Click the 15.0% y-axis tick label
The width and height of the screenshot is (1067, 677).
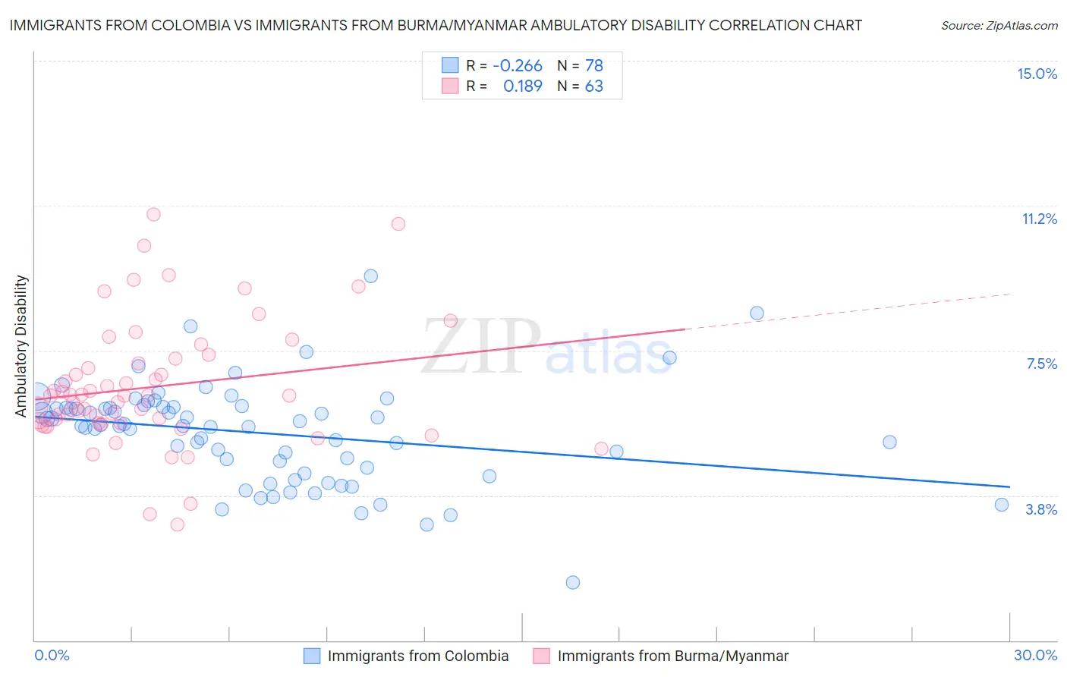1037,74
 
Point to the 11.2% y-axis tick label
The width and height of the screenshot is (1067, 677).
1039,219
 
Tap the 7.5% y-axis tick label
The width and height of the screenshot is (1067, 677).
1041,364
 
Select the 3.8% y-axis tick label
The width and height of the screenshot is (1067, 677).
1041,509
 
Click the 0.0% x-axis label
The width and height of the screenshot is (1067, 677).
52,655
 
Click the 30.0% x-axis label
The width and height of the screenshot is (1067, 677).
1035,655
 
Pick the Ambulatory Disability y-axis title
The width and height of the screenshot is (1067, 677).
21,345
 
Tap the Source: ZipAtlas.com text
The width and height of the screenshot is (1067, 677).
999,25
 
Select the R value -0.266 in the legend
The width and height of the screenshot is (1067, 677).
518,65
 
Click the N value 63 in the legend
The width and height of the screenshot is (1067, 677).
593,86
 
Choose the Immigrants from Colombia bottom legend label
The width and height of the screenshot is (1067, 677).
417,656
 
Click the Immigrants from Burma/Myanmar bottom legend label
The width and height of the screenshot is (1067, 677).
672,656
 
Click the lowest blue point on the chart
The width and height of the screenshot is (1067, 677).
573,582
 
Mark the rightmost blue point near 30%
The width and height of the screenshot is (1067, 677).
1002,505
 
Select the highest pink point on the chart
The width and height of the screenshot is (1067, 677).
153,214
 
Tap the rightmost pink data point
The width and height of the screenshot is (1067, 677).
601,449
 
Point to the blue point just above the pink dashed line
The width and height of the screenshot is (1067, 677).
757,313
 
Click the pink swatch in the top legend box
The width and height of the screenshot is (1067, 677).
450,86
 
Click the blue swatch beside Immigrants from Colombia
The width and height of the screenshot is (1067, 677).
311,656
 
